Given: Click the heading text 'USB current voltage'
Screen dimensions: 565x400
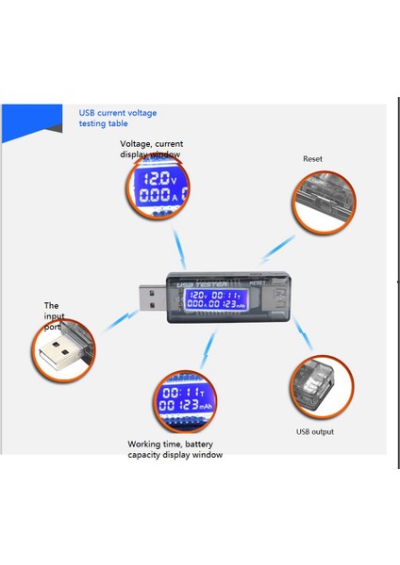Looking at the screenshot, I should click(x=117, y=112).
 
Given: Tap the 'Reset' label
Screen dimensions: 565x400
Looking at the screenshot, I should click(x=312, y=159).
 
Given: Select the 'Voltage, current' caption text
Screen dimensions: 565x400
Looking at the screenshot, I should click(x=151, y=143).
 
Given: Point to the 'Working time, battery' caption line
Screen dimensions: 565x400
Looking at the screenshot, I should click(x=175, y=444).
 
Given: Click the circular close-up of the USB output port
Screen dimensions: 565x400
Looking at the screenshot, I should click(x=323, y=388).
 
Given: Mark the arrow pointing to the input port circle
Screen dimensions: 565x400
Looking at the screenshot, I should click(x=118, y=320).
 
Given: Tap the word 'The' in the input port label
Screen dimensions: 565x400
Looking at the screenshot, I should click(x=52, y=305).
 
